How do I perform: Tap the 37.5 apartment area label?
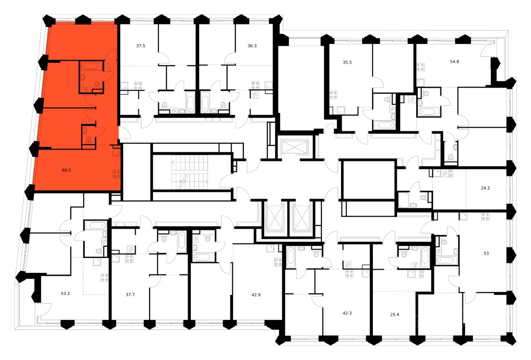[129, 46]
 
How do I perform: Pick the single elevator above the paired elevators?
[292, 148]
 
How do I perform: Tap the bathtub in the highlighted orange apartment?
[88, 66]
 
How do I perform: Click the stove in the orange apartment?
[117, 174]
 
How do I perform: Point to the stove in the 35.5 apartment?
[333, 96]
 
